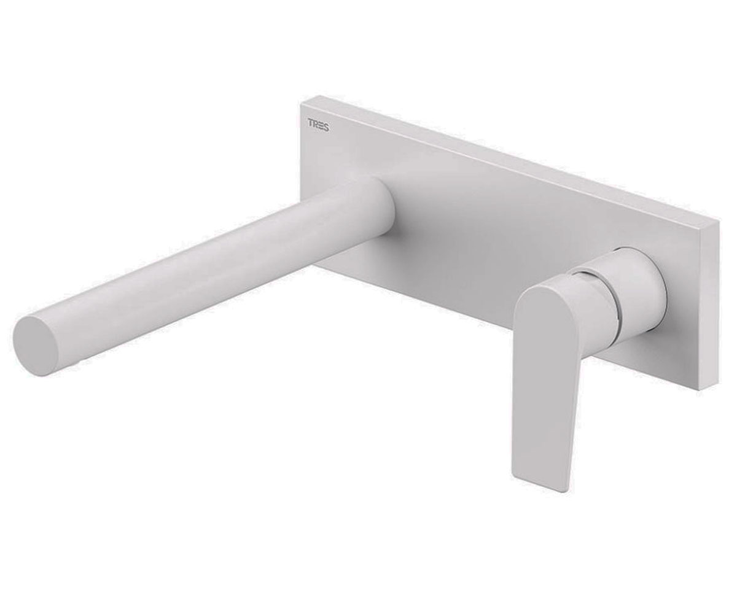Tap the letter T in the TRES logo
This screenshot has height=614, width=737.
point(311,124)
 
